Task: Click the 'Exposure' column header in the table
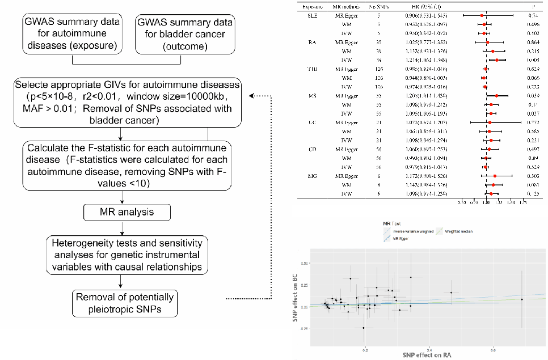point(310,6)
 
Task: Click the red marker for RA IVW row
point(497,60)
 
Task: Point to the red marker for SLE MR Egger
point(482,16)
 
